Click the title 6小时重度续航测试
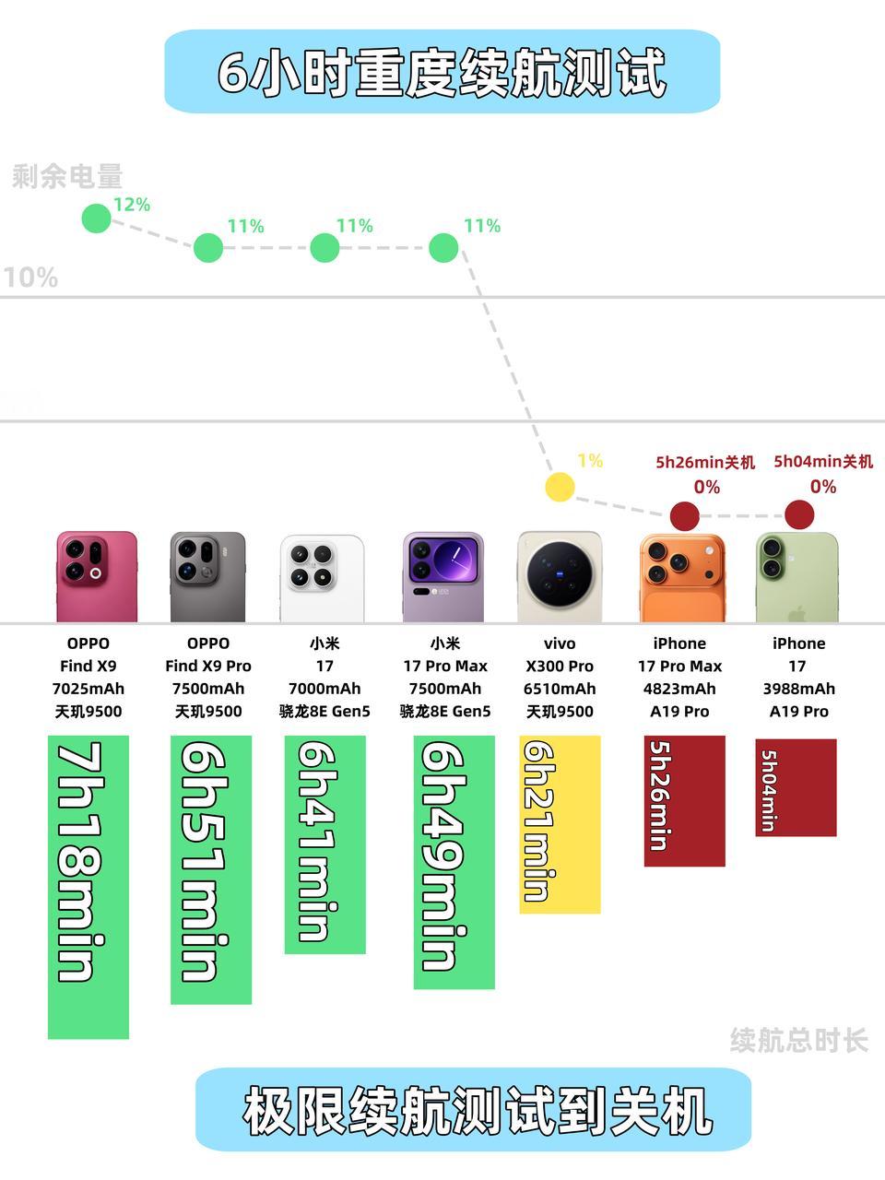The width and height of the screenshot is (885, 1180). coord(442,73)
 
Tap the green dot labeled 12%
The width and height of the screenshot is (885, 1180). coord(96,218)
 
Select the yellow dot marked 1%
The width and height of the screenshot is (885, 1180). coord(560,487)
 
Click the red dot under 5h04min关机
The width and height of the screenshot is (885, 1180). coord(798,514)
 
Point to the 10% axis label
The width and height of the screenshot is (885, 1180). coord(30,277)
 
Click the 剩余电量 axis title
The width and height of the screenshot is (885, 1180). coord(67,176)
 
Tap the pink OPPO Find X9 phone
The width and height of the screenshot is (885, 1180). coord(96,576)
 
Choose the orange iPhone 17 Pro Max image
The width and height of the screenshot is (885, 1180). coord(681,578)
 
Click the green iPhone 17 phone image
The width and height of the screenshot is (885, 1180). coord(796,577)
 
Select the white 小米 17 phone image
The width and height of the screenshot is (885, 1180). coord(322,577)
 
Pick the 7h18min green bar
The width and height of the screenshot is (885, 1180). coord(88,886)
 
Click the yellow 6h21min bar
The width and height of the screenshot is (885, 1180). coord(560,824)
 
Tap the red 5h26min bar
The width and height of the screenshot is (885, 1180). coord(684,800)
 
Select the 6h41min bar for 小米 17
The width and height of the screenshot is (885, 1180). coord(324,844)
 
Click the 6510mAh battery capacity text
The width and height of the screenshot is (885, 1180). coord(560,689)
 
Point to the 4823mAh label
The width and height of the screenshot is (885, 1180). coord(679,689)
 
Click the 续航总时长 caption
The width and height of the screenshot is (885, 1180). coord(798,1041)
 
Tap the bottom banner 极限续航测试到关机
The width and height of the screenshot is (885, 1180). coord(474,1110)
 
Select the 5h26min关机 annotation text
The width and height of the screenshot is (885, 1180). coord(705,462)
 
